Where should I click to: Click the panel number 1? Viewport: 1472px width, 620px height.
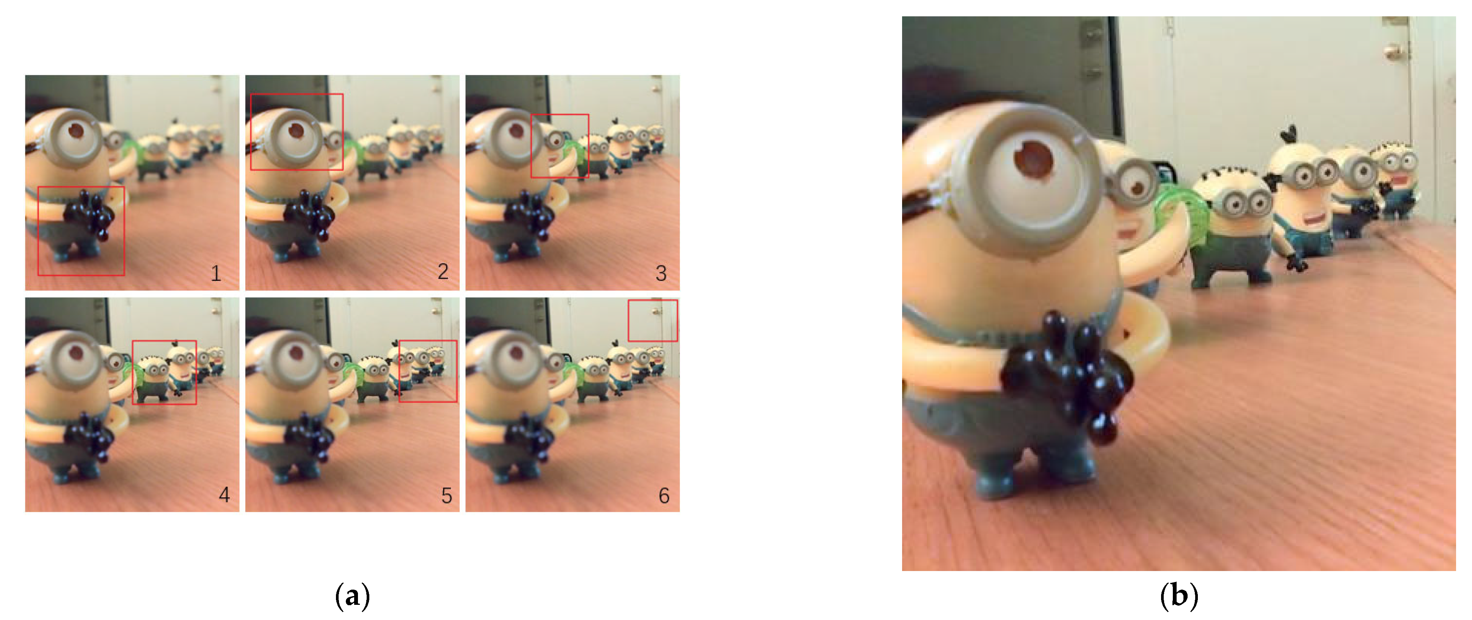(216, 273)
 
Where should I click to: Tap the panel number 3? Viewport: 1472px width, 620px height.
(661, 273)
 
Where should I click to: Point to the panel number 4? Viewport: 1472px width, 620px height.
(224, 495)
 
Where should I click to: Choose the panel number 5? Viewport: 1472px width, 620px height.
(446, 495)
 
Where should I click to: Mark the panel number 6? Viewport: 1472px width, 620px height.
(664, 495)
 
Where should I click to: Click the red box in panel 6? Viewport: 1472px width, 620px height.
(653, 300)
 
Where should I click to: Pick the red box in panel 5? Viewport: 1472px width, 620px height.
(427, 341)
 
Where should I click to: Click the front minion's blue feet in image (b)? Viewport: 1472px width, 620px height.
(1029, 475)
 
